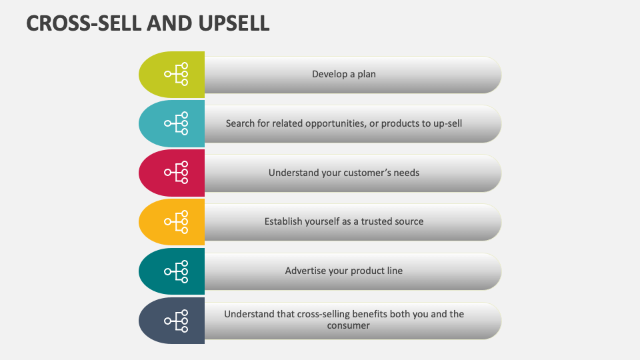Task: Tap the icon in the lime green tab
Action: tap(177, 74)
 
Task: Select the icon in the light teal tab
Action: tap(177, 123)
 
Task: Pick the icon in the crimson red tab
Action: tap(177, 173)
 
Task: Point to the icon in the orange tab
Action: tap(177, 221)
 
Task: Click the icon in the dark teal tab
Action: tap(177, 271)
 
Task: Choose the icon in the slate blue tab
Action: tap(177, 320)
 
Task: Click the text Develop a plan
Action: tap(344, 74)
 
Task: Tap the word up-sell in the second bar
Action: tap(446, 123)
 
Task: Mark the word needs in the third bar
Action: tap(406, 173)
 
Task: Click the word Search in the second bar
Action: tap(240, 123)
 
